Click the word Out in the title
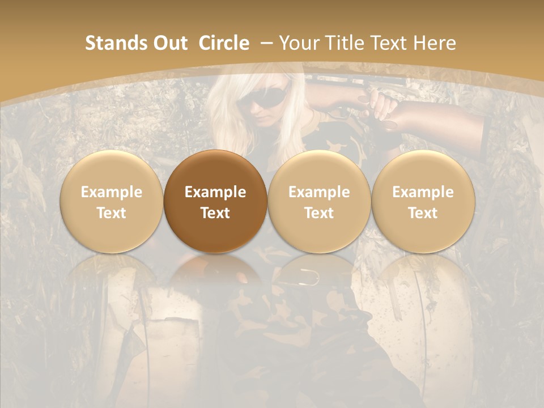(x=169, y=43)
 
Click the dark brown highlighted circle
(x=215, y=201)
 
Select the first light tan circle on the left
(x=112, y=201)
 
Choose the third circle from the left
(x=319, y=201)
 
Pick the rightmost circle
(x=423, y=201)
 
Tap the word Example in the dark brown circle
(x=215, y=192)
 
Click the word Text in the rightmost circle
(x=423, y=213)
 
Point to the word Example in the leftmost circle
(x=112, y=192)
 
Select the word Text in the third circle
(x=319, y=213)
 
